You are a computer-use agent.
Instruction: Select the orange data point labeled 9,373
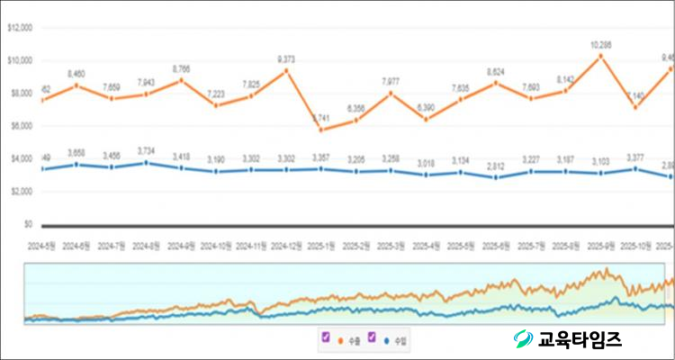pos(287,70)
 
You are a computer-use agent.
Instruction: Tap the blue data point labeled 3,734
pos(148,163)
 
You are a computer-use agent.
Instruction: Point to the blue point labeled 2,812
pos(496,177)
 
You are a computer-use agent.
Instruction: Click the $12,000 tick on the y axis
pos(20,28)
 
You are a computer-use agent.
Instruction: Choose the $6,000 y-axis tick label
pos(22,126)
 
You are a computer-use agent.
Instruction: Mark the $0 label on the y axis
pos(26,224)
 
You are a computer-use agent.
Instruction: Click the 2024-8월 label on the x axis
pos(148,245)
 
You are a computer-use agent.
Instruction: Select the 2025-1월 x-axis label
pos(321,245)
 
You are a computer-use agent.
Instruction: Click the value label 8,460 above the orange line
pos(77,74)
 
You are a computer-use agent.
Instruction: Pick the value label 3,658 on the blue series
pos(77,154)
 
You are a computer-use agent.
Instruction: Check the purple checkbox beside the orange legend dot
pos(325,337)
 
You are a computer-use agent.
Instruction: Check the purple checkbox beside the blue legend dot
pos(371,337)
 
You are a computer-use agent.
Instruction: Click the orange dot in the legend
pos(338,340)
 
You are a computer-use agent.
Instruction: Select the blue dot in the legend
pos(385,340)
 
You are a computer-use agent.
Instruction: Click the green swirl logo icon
pos(523,338)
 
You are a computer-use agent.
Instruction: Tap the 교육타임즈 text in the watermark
pos(580,338)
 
